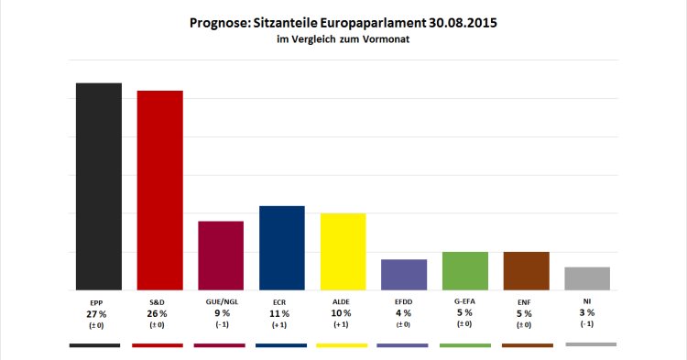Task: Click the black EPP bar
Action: point(98,186)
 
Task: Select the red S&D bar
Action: point(159,190)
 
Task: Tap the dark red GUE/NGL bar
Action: point(221,256)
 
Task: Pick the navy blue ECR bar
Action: point(282,247)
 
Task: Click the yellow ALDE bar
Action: point(343,251)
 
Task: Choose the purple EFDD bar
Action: point(404,275)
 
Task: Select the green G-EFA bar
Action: point(464,270)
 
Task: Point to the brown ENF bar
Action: point(526,270)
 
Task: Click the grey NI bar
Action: point(587,278)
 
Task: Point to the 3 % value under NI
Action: point(587,313)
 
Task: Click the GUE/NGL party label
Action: point(221,301)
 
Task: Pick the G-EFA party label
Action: point(464,301)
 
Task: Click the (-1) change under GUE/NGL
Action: point(221,325)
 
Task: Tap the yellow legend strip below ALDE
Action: point(341,345)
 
